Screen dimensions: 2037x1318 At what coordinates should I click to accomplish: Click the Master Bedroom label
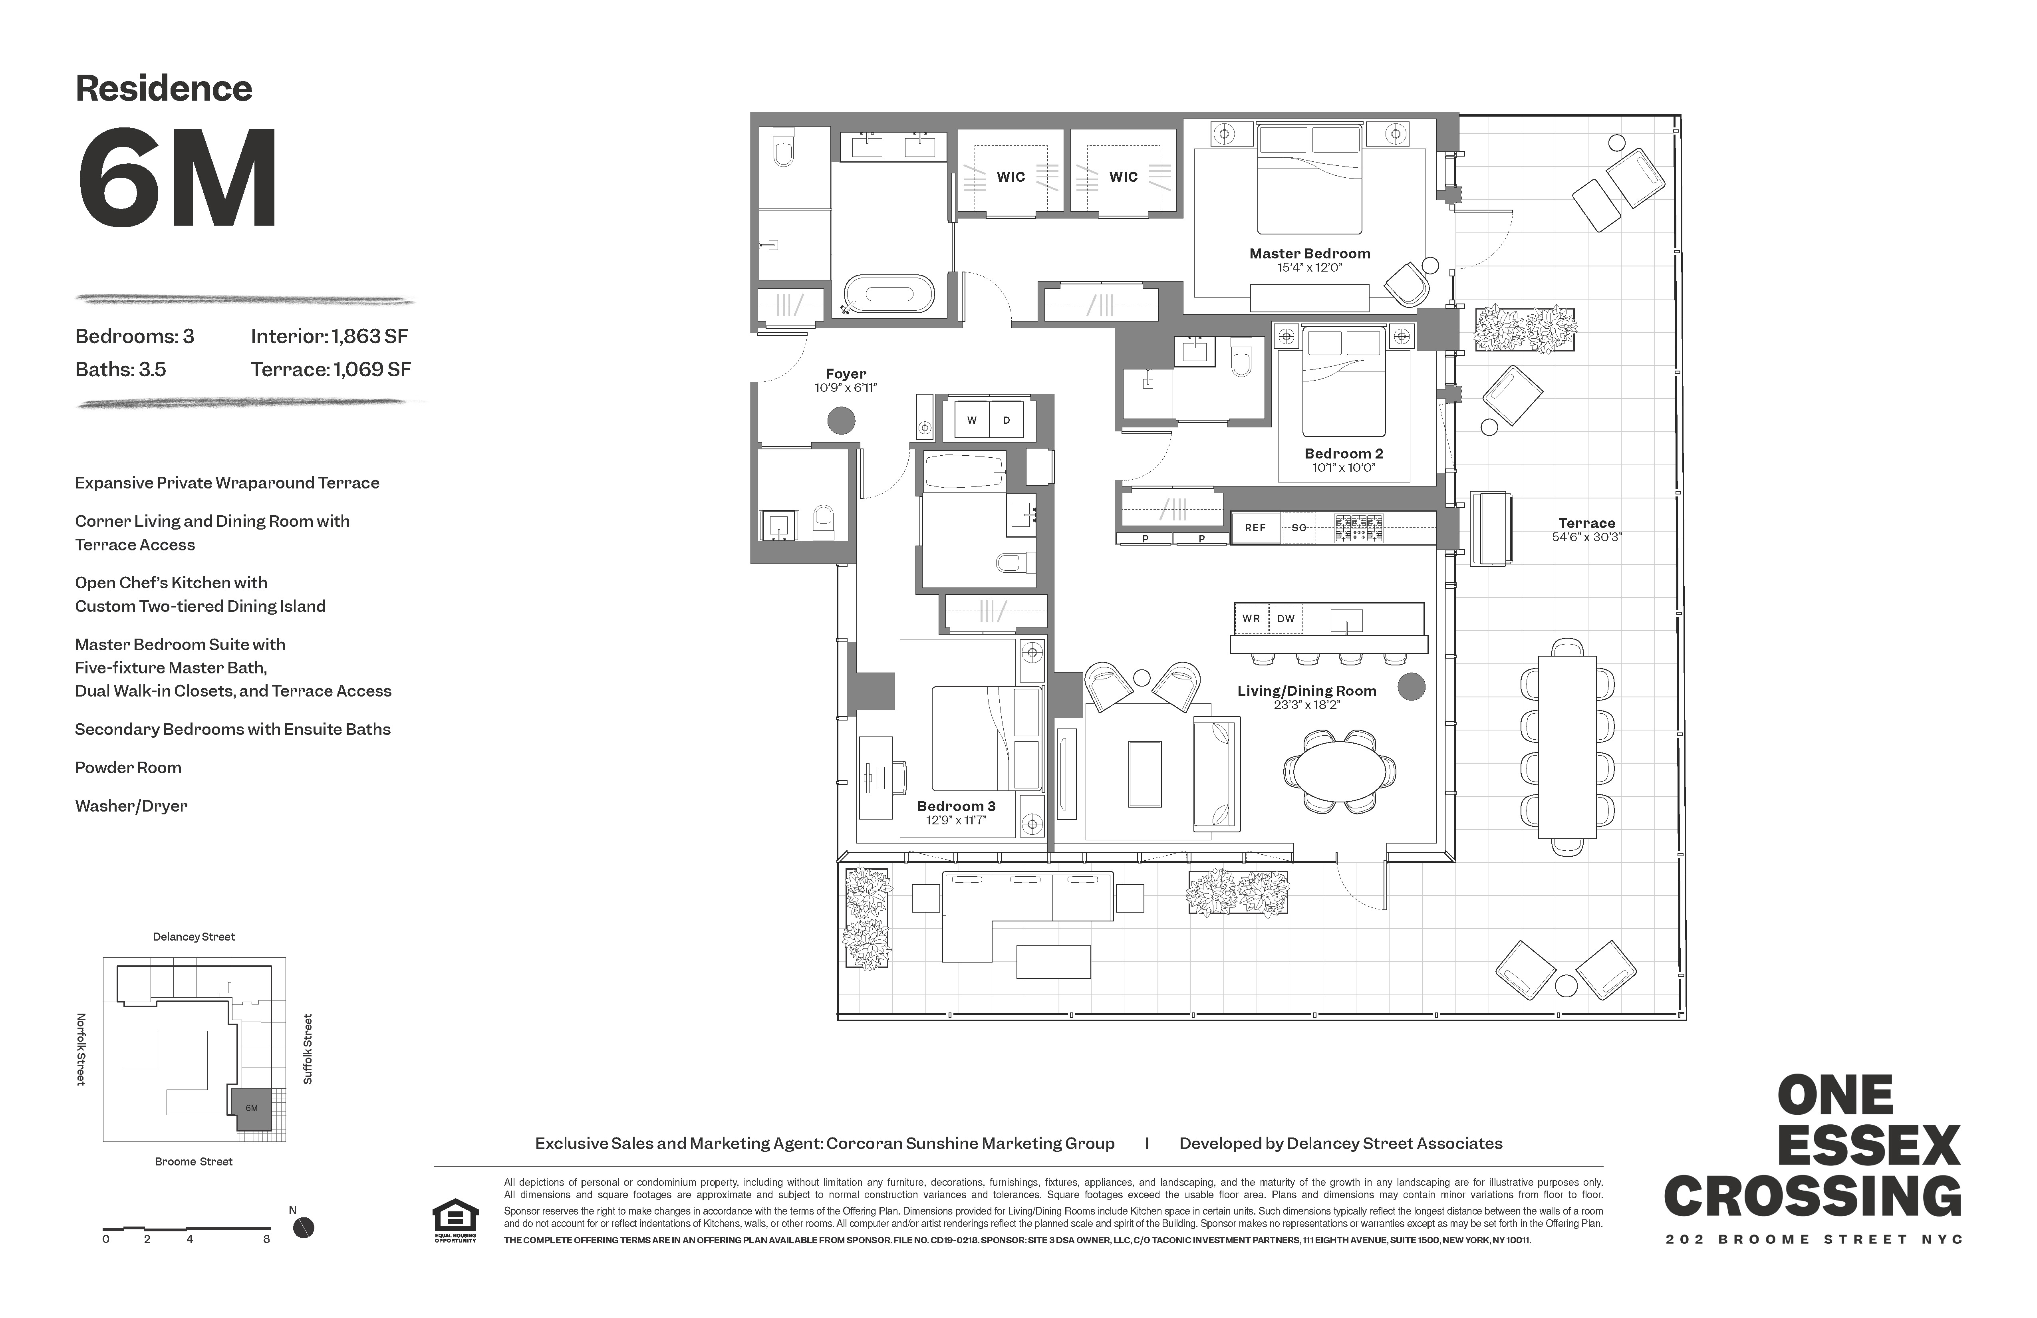click(x=1310, y=253)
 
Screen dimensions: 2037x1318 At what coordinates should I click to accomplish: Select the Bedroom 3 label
click(x=956, y=806)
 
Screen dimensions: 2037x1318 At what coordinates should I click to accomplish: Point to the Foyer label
click(x=846, y=374)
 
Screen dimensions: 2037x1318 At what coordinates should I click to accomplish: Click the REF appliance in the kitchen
click(x=1255, y=528)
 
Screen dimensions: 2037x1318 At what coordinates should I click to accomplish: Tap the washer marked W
click(x=971, y=420)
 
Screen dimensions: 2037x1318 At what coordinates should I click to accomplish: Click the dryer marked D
click(x=1007, y=420)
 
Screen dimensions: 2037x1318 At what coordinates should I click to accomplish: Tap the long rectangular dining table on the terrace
click(x=1567, y=747)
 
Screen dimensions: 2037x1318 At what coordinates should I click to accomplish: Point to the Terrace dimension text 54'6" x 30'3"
click(x=1587, y=538)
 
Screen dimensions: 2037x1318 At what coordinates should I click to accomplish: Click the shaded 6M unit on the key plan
click(x=251, y=1108)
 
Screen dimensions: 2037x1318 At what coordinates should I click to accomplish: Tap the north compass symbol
click(x=303, y=1228)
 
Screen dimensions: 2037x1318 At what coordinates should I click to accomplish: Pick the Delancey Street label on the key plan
click(x=193, y=936)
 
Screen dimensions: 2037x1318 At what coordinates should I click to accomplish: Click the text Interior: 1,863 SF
click(x=330, y=336)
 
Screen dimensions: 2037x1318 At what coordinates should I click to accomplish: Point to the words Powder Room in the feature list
click(x=128, y=768)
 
